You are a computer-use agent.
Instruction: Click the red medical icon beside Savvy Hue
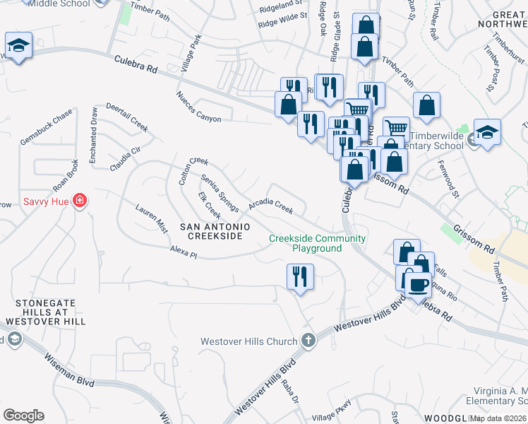coord(80,201)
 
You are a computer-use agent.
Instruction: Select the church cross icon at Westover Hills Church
coord(307,341)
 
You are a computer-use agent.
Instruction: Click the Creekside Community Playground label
coord(317,243)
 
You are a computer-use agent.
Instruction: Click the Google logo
coord(23,416)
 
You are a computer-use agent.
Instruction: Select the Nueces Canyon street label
coord(198,107)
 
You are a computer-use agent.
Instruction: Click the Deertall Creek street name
coord(127,117)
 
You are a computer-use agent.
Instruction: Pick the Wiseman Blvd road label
coord(69,370)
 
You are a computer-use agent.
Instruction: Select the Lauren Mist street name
coord(151,218)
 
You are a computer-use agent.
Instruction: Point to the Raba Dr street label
coord(290,389)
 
